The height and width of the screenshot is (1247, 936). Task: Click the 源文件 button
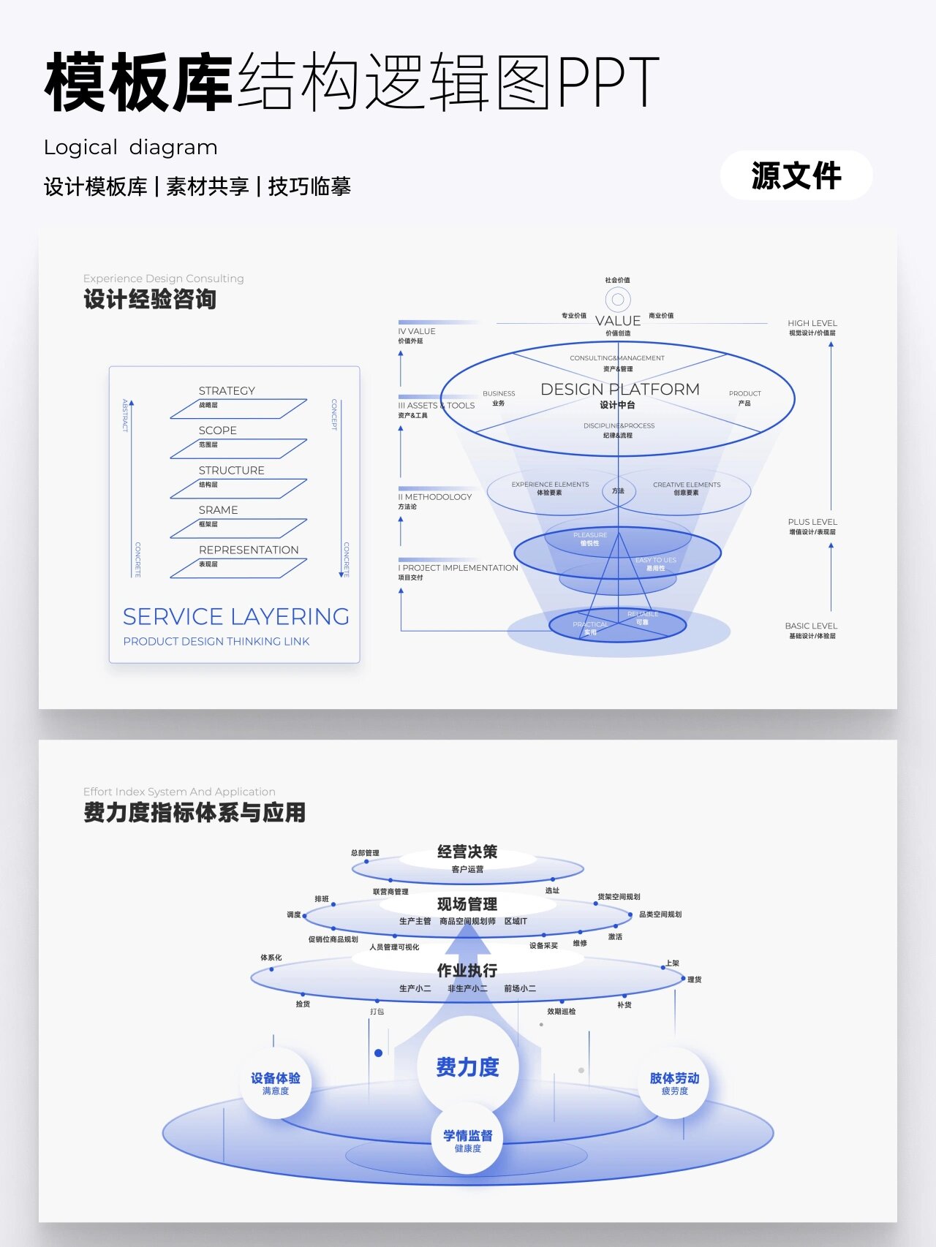pos(796,175)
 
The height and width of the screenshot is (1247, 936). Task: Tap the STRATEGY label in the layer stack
pos(227,391)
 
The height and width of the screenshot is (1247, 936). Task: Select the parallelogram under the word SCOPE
pos(238,448)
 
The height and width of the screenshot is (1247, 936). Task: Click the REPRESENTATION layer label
pos(249,550)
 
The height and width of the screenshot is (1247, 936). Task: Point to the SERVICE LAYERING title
pos(235,617)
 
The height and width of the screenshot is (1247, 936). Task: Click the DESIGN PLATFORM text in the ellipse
pos(619,390)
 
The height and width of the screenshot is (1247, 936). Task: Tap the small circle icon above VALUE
pos(618,299)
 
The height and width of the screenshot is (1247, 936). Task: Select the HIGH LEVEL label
pos(812,323)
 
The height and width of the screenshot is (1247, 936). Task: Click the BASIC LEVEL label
pos(811,626)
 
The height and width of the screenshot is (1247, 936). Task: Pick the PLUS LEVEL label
pos(812,522)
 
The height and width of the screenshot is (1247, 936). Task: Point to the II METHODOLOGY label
pos(435,497)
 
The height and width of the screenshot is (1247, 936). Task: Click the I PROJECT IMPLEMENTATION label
pos(458,568)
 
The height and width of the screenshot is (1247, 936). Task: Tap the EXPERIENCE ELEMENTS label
pos(550,485)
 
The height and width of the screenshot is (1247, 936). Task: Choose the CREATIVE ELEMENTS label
pos(687,485)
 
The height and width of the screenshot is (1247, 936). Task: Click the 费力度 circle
pos(467,1067)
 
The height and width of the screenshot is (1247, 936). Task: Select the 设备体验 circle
pos(276,1083)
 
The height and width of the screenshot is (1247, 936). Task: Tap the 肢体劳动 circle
pos(674,1083)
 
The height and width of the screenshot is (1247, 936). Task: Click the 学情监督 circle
pos(467,1140)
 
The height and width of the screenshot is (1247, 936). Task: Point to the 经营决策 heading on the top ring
pos(467,852)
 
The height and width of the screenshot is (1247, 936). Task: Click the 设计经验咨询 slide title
pos(150,299)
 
